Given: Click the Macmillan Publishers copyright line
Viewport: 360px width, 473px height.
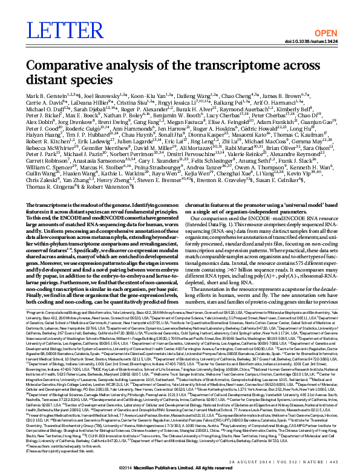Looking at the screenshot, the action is [x=180, y=468].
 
